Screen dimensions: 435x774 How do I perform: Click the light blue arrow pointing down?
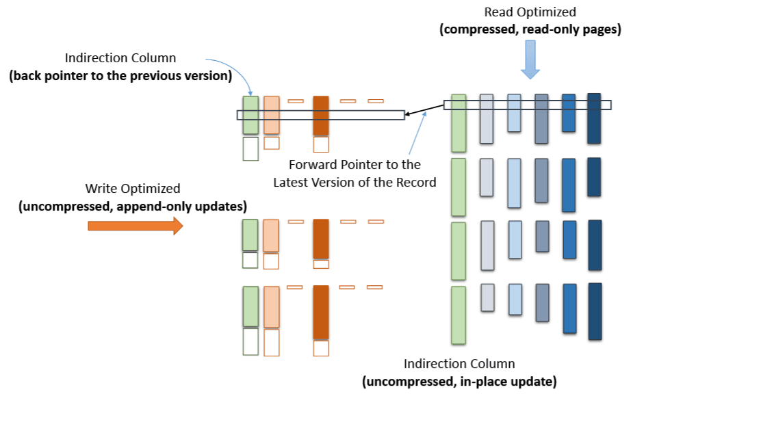530,60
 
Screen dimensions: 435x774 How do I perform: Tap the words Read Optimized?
530,12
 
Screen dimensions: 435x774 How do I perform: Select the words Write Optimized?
133,188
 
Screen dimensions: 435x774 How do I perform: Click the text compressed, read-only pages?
530,29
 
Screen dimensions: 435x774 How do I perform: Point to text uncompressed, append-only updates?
133,206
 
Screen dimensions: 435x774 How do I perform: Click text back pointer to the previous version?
120,75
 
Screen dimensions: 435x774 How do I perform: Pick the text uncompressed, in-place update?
459,382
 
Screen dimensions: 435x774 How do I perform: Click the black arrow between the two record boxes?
424,109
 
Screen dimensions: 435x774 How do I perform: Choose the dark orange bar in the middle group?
321,239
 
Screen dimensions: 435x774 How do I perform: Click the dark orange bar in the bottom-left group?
321,312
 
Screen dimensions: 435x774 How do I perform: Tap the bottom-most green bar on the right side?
459,315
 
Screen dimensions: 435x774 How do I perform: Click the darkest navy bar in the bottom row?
595,311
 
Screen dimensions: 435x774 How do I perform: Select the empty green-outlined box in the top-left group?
250,148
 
